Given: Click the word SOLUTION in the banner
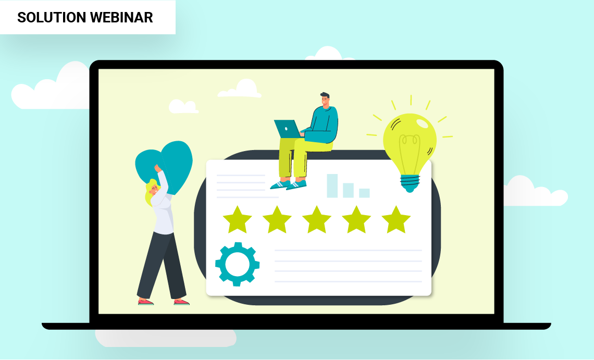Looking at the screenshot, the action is click(x=52, y=17).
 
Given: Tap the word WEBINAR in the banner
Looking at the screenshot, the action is click(x=121, y=17).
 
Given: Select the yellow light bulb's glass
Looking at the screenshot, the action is click(x=410, y=142).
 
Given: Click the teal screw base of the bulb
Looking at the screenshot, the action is click(x=410, y=183).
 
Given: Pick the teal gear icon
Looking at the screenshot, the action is click(x=238, y=264).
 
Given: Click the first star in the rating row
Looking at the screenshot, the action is click(x=238, y=219).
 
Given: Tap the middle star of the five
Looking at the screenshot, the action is click(x=317, y=219).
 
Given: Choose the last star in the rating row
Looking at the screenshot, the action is click(x=396, y=219).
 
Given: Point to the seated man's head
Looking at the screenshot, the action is click(x=325, y=100).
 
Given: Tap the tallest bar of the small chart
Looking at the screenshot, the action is click(x=332, y=185).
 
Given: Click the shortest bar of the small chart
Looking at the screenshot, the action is click(x=364, y=193).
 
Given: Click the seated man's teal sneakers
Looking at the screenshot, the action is click(x=288, y=185).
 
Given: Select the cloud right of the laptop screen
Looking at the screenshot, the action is click(x=536, y=191).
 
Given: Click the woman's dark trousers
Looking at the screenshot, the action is click(x=162, y=265).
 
